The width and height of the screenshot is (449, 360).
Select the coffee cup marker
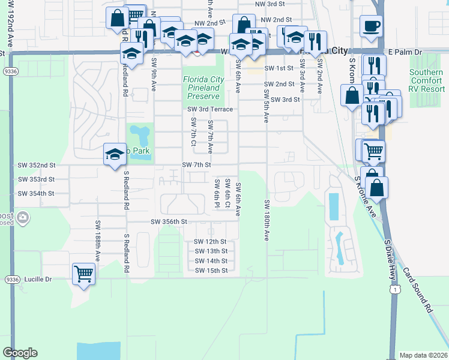[x=370, y=26]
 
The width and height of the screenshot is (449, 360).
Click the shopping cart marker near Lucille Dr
[x=83, y=274]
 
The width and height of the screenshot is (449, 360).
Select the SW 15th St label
[x=211, y=271]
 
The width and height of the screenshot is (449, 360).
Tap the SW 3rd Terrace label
[x=209, y=109]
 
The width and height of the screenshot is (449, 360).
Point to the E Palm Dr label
[x=405, y=52]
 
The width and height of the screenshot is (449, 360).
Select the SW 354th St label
[x=36, y=193]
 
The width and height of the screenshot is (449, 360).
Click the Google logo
[x=20, y=353]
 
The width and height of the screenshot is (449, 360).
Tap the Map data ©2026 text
[x=423, y=355]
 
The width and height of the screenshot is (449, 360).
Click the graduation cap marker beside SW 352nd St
[x=115, y=154]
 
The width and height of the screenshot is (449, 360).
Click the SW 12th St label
[x=211, y=242]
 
